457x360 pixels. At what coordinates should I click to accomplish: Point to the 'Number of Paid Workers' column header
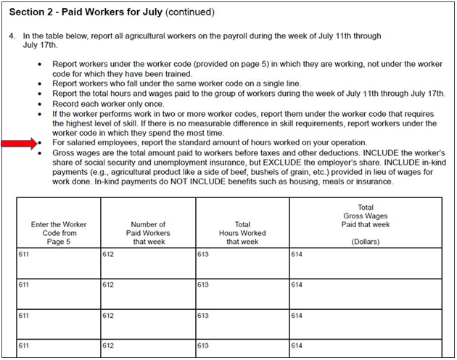[148, 233]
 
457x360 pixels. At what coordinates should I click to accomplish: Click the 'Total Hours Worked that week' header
[242, 233]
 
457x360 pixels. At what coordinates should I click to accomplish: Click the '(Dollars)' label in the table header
[366, 242]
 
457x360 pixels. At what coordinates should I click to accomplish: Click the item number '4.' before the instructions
[13, 35]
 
